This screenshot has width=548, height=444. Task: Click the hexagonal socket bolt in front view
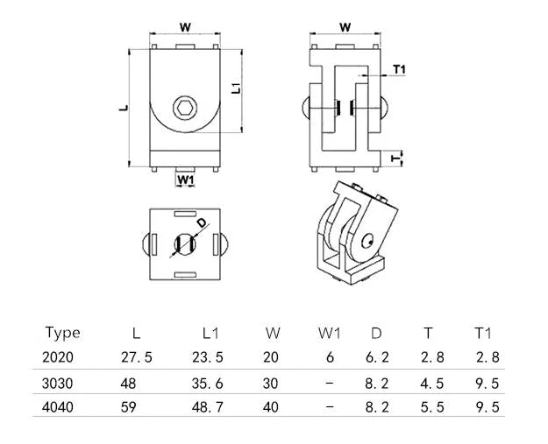[x=185, y=108]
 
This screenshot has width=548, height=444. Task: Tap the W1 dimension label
[x=185, y=180]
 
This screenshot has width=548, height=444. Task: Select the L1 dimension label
[x=237, y=88]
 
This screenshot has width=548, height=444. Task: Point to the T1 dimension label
[x=400, y=69]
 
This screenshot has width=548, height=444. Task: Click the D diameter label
[x=202, y=222]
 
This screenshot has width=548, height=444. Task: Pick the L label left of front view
[x=124, y=108]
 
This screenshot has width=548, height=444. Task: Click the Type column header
[x=62, y=333]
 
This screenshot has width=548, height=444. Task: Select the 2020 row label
[x=58, y=357]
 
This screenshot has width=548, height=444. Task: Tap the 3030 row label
[x=58, y=384]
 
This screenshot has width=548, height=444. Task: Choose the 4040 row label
[x=58, y=407]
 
